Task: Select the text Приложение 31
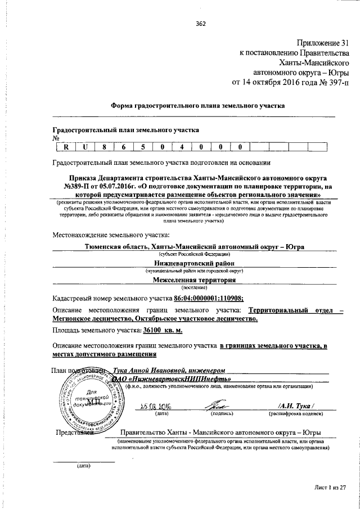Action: tap(323, 43)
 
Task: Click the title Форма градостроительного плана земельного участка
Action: tap(197, 105)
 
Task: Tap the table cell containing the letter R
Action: tap(66, 148)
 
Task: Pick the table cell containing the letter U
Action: tap(85, 148)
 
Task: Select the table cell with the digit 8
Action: tap(104, 148)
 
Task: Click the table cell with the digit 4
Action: tap(181, 148)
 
